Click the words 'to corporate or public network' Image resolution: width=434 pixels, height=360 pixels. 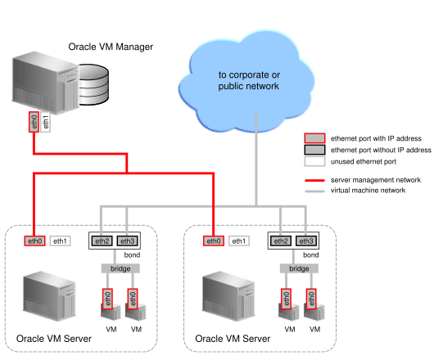coord(249,80)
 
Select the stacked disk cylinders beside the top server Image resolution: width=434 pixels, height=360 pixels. coord(92,83)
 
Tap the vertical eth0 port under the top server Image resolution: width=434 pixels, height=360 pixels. coord(34,122)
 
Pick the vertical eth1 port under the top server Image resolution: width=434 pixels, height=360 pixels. coord(46,122)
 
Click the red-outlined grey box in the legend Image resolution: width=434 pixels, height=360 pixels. coord(314,138)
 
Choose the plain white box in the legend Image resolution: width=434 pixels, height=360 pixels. coord(314,161)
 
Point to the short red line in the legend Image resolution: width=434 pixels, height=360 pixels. coord(314,180)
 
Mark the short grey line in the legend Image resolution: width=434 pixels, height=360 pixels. coord(314,191)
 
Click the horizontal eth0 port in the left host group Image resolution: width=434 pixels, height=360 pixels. coord(34,241)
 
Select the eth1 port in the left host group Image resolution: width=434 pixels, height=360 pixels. coord(60,241)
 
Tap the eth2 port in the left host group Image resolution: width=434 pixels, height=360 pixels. coord(102,241)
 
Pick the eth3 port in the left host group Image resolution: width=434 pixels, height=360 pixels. coord(127,241)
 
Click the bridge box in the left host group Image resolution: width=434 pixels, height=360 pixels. coord(120,268)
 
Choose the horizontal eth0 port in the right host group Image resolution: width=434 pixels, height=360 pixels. coord(213,241)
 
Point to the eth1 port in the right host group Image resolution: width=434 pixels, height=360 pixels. coord(238,241)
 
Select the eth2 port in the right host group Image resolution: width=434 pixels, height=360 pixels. coord(280,241)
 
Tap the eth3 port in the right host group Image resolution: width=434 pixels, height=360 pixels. coord(305,241)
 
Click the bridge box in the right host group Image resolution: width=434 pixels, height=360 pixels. coord(299,268)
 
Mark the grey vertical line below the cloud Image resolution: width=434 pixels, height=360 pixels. coord(256,164)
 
